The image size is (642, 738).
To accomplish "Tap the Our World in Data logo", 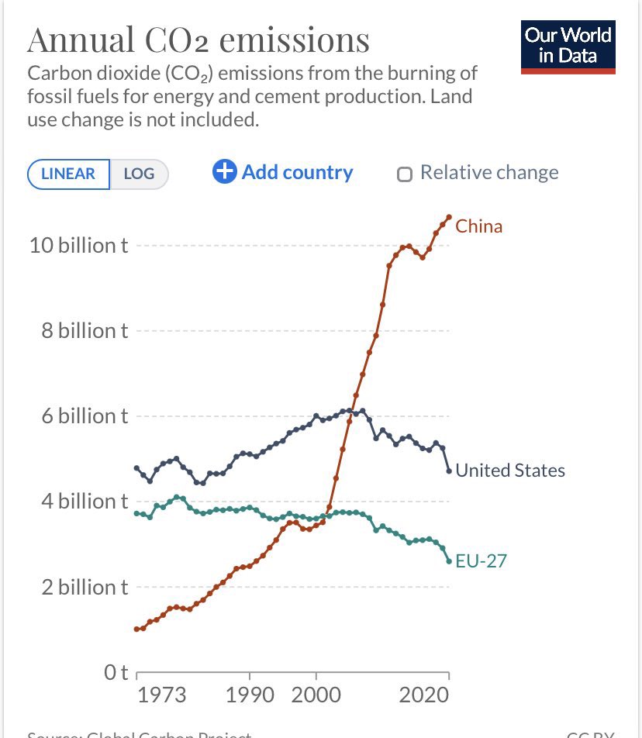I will point(568,47).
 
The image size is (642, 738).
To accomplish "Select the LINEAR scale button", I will point(69,174).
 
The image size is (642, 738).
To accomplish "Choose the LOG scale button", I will point(139,174).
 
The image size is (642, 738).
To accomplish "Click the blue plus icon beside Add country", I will point(224,171).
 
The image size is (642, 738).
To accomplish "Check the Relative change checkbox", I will point(404,174).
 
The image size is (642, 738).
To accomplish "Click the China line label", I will point(478,226).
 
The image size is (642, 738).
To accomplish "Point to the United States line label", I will point(509,470).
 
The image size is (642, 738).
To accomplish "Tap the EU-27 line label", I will point(481,560).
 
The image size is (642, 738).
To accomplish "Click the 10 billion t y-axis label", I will point(78,246).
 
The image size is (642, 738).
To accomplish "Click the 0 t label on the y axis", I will point(116,672).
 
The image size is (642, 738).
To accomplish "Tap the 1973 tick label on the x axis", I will point(161,695).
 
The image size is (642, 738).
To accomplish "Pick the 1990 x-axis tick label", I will point(250,695).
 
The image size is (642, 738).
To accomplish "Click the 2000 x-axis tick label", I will point(315,695).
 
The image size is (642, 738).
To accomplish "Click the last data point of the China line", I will point(449,216).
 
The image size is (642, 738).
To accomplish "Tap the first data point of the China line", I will point(136,629).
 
